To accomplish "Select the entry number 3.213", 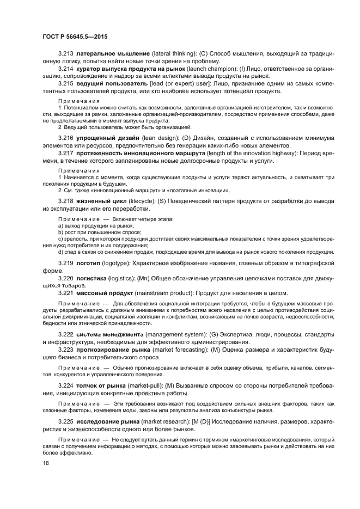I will coord(65,54).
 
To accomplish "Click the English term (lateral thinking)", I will coord(175,54).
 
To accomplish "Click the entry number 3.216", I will coord(65,139).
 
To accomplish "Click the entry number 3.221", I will coord(65,293).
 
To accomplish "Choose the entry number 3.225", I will coord(65,421).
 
